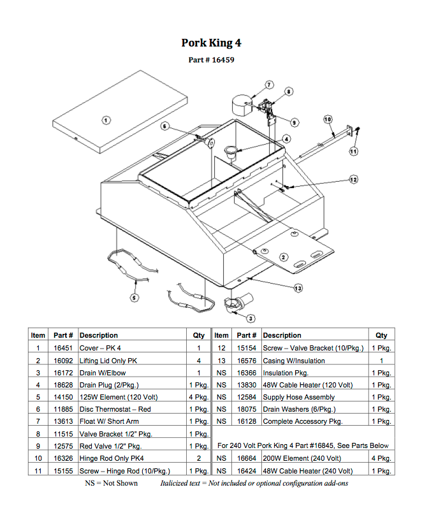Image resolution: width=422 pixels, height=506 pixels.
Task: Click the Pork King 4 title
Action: pyautogui.click(x=211, y=43)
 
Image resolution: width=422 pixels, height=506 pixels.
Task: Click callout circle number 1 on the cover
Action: pyautogui.click(x=106, y=119)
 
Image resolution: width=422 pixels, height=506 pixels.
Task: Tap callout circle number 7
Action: pyautogui.click(x=268, y=85)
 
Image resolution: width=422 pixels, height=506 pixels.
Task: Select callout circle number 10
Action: pyautogui.click(x=328, y=119)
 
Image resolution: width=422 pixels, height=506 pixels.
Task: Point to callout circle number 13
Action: pyautogui.click(x=298, y=288)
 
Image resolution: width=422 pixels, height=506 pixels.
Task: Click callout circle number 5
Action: pyautogui.click(x=134, y=297)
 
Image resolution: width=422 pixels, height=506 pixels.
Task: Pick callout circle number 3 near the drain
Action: pyautogui.click(x=251, y=318)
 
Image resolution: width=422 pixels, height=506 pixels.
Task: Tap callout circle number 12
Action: pyautogui.click(x=353, y=180)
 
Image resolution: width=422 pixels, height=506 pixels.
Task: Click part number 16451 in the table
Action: pyautogui.click(x=63, y=348)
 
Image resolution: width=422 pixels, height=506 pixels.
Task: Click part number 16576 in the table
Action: pyautogui.click(x=247, y=360)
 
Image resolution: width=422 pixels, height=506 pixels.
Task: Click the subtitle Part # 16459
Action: pyautogui.click(x=211, y=60)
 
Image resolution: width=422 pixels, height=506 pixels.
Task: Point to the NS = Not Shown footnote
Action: pyautogui.click(x=112, y=483)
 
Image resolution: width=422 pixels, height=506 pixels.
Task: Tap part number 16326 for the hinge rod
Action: pyautogui.click(x=63, y=458)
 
